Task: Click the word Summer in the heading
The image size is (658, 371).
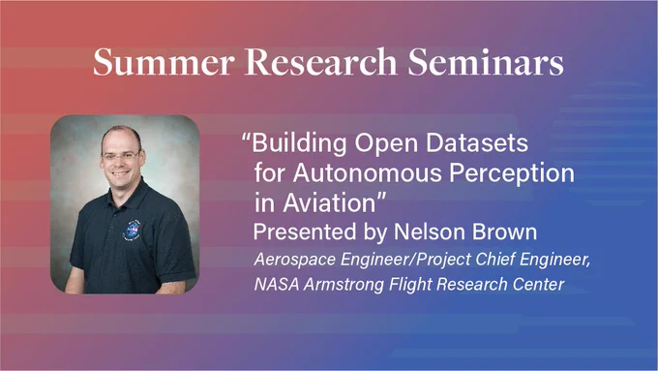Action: tap(164, 62)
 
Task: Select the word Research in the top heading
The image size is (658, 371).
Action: tap(320, 62)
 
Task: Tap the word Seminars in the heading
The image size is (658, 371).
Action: tap(486, 62)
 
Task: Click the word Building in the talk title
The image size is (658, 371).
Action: tap(299, 144)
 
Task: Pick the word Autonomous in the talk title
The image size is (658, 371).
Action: tap(367, 172)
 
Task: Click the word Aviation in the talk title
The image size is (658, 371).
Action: tap(329, 203)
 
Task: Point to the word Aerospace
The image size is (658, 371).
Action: tap(295, 260)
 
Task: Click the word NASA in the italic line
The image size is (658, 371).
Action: tap(277, 285)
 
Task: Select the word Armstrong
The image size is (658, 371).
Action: tap(344, 286)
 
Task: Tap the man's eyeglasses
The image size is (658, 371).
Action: tap(120, 157)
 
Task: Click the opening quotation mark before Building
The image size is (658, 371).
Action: tap(246, 138)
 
